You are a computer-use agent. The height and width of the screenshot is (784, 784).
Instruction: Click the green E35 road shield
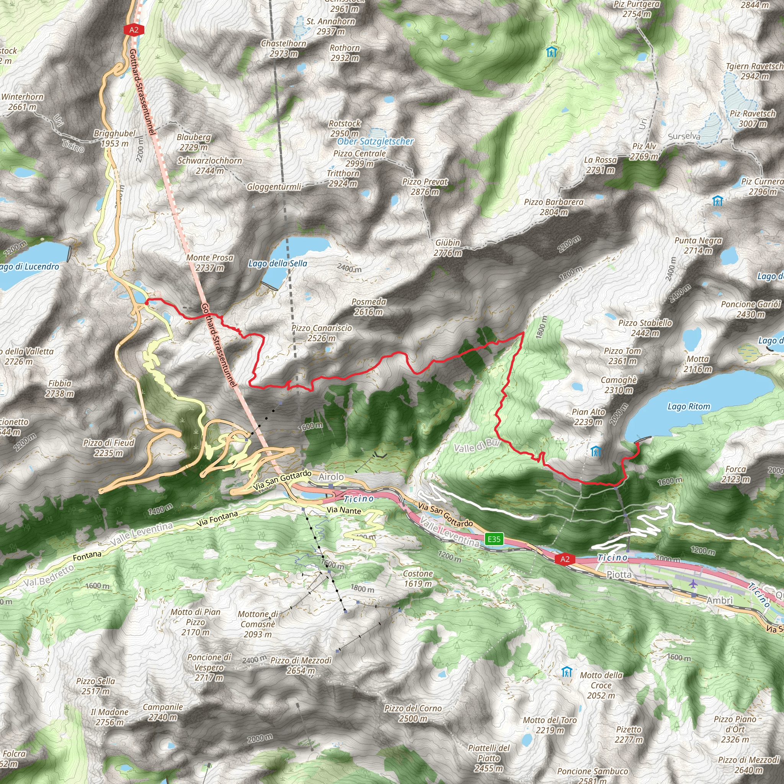point(494,539)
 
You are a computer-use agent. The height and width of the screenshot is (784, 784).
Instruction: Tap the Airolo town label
point(331,477)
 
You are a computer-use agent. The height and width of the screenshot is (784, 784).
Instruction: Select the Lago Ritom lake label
point(689,407)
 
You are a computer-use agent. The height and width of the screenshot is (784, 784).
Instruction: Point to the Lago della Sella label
point(278,264)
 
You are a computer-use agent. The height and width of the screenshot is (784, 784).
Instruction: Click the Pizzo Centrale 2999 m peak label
point(359,158)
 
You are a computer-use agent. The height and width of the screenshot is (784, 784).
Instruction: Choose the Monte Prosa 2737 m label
point(210,263)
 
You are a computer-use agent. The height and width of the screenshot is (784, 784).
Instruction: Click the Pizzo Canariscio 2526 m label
point(322,333)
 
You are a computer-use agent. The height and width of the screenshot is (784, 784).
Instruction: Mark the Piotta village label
point(619,575)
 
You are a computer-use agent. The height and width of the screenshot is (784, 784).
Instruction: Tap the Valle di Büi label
point(477,446)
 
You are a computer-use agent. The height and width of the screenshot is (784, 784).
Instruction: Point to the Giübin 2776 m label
point(448,248)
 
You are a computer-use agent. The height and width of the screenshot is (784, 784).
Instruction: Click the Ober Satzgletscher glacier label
point(376,142)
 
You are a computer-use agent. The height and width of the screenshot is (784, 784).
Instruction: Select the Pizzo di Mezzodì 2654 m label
point(301,665)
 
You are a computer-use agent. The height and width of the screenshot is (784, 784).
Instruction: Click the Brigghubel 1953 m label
point(115,138)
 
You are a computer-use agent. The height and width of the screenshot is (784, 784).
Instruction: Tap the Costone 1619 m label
point(418,579)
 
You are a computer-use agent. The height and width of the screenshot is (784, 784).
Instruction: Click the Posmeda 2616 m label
point(369,307)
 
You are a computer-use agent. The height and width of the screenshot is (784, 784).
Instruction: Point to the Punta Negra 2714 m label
point(698,245)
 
